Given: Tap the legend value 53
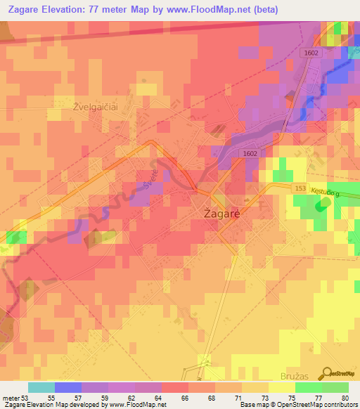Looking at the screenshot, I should [27, 397].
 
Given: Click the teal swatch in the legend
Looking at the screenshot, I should [41, 387].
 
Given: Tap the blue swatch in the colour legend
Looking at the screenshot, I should [67, 387].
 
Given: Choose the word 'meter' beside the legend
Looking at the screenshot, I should [11, 397].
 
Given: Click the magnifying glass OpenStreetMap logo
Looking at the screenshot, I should [326, 373].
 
